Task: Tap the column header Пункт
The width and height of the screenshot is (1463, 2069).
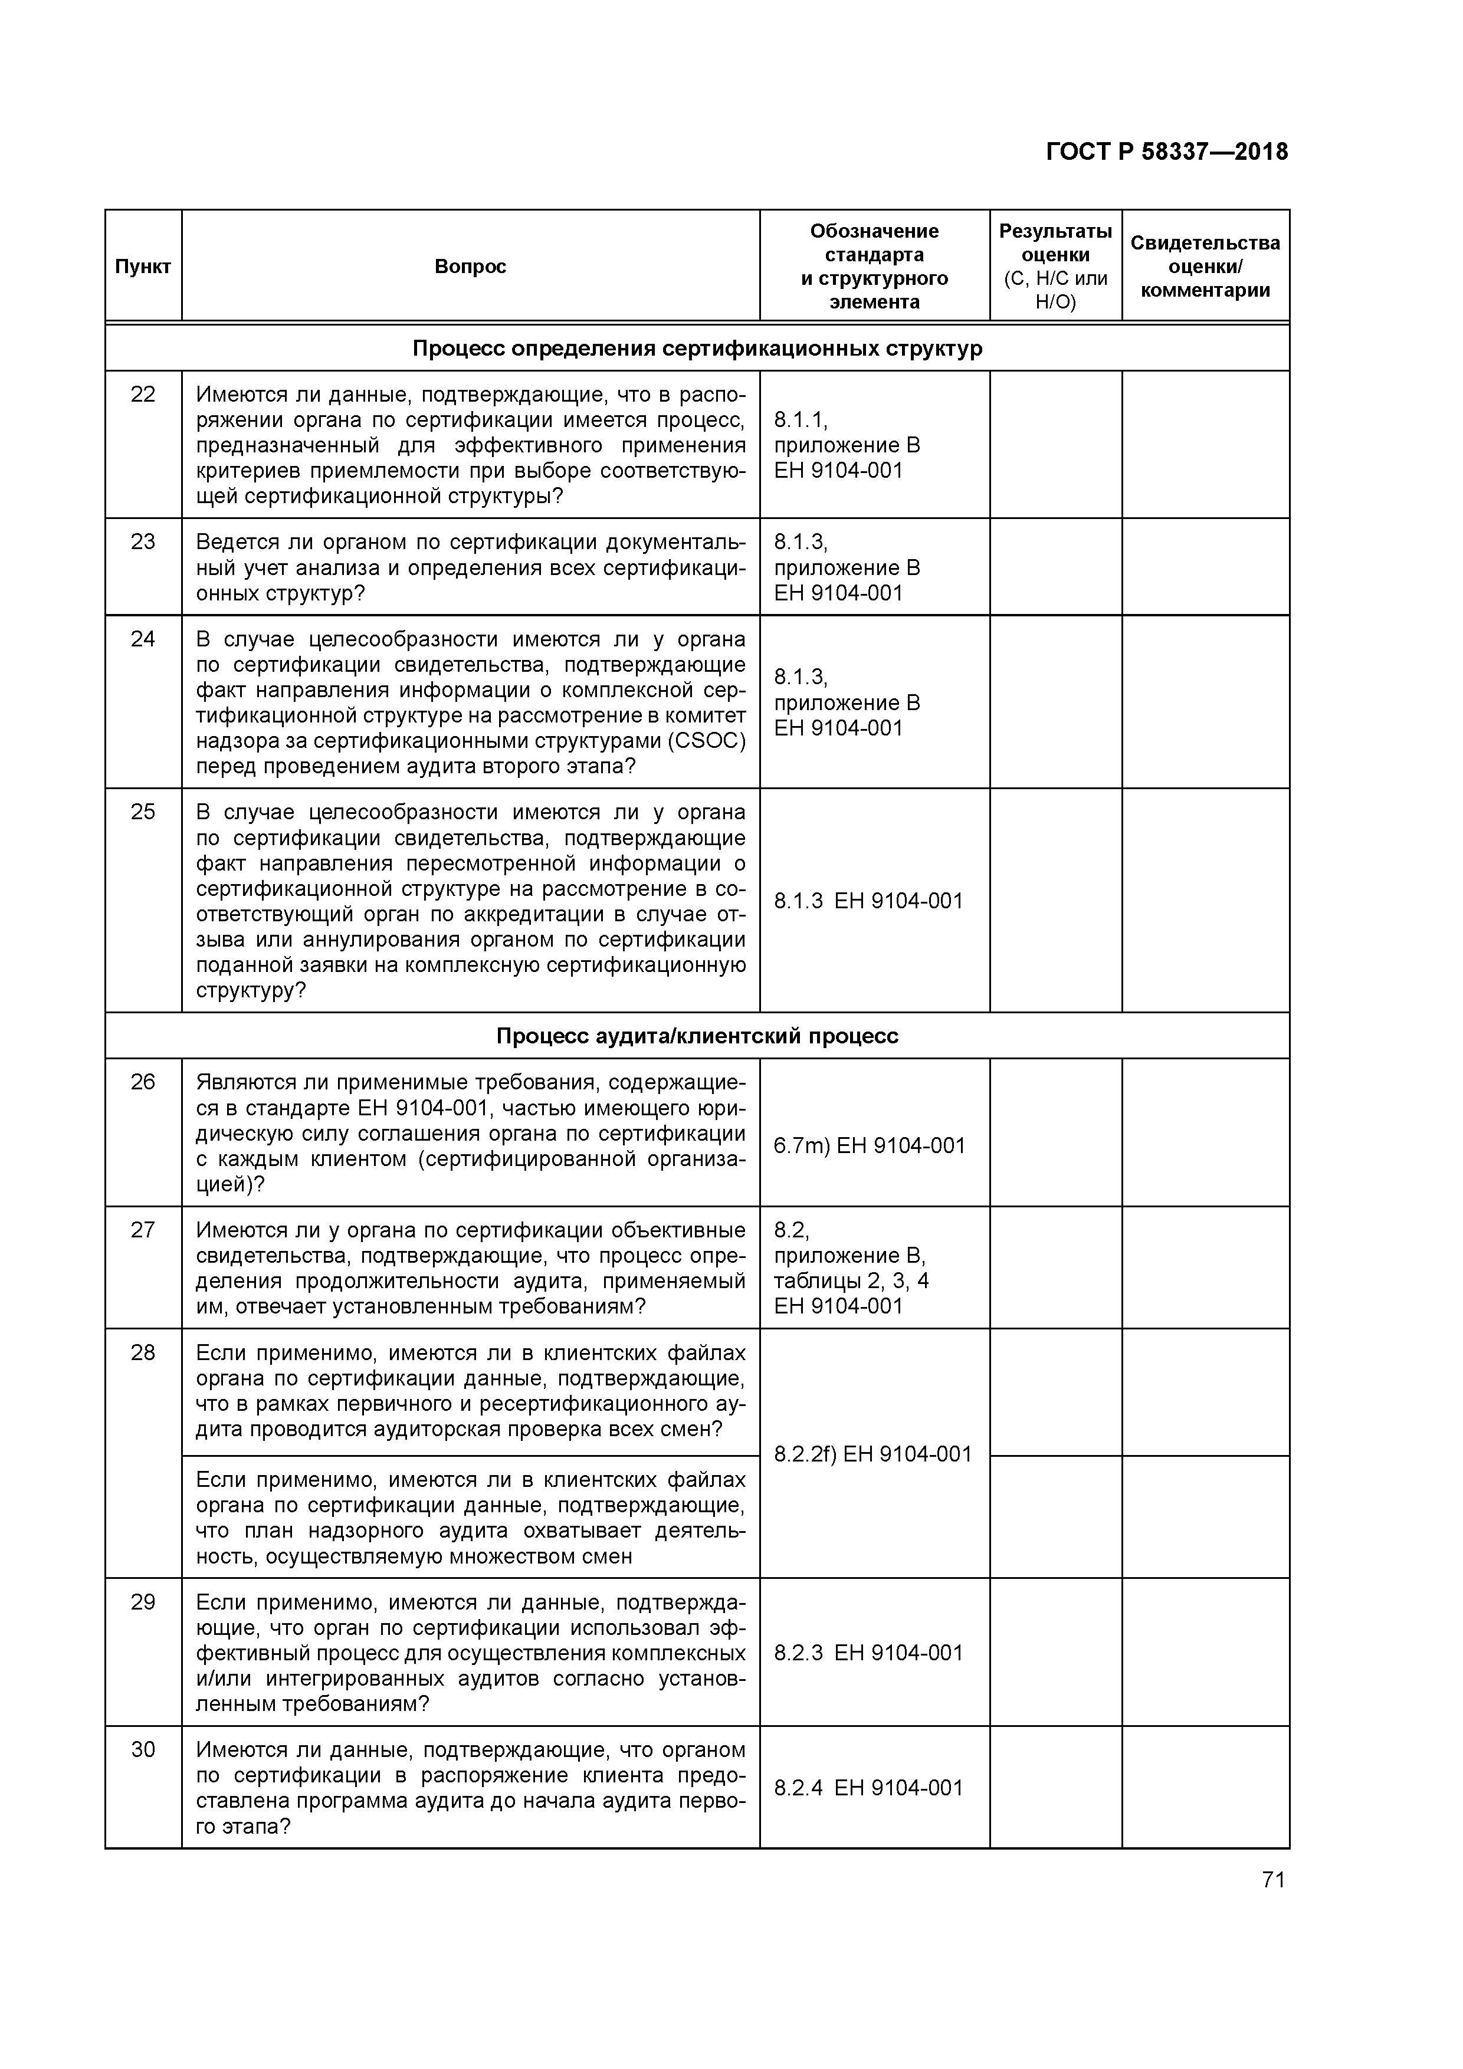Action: [x=142, y=267]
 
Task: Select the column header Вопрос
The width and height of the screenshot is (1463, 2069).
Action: [x=470, y=267]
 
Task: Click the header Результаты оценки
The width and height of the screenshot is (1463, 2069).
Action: [x=1055, y=244]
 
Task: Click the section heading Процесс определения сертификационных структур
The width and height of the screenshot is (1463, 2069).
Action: [x=696, y=349]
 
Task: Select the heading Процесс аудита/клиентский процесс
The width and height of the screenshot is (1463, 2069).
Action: [x=696, y=1036]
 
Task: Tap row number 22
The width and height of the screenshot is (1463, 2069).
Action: [x=142, y=395]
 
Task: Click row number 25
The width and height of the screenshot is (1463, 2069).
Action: [x=142, y=812]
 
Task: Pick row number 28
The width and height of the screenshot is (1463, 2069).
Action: [x=142, y=1352]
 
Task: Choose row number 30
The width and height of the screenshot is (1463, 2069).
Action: [x=142, y=1749]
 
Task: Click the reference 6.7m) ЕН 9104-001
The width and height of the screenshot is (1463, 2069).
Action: [x=869, y=1145]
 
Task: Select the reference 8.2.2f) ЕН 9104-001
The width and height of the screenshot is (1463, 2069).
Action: [x=872, y=1453]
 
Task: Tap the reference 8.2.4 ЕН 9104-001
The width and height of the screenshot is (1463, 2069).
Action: [x=868, y=1787]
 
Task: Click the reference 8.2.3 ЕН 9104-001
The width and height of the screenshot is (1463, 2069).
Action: [x=868, y=1652]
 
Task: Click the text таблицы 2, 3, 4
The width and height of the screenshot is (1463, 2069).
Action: [x=851, y=1280]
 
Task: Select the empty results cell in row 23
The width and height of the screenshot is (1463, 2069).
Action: [x=1055, y=567]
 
